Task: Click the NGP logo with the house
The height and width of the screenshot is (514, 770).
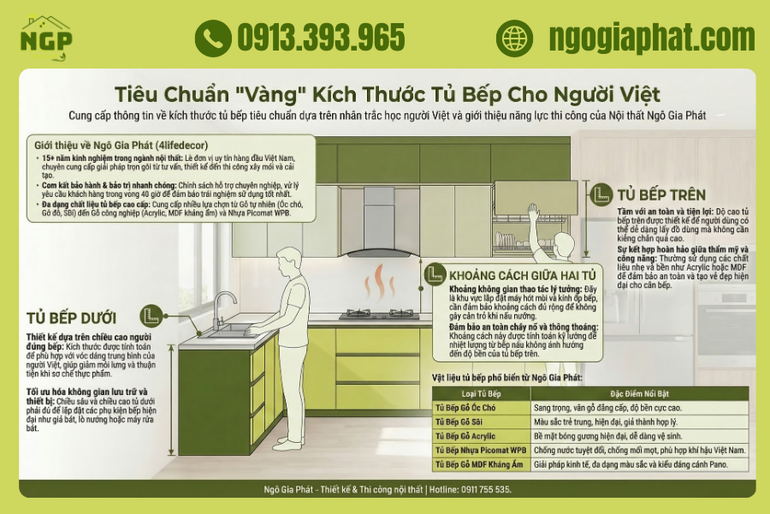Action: point(47,38)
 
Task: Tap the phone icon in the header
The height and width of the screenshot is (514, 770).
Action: point(212,38)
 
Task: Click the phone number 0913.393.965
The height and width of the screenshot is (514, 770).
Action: point(321,38)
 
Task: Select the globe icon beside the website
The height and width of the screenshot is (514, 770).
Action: point(514,38)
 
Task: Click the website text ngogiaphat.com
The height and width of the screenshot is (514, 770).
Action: point(652,38)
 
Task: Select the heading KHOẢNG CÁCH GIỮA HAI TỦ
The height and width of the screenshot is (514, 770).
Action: point(522,275)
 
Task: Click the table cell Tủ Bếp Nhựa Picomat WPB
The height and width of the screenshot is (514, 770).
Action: point(480,450)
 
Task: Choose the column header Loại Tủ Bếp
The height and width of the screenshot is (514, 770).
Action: point(480,393)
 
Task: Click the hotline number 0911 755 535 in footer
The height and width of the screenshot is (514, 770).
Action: point(482,489)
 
